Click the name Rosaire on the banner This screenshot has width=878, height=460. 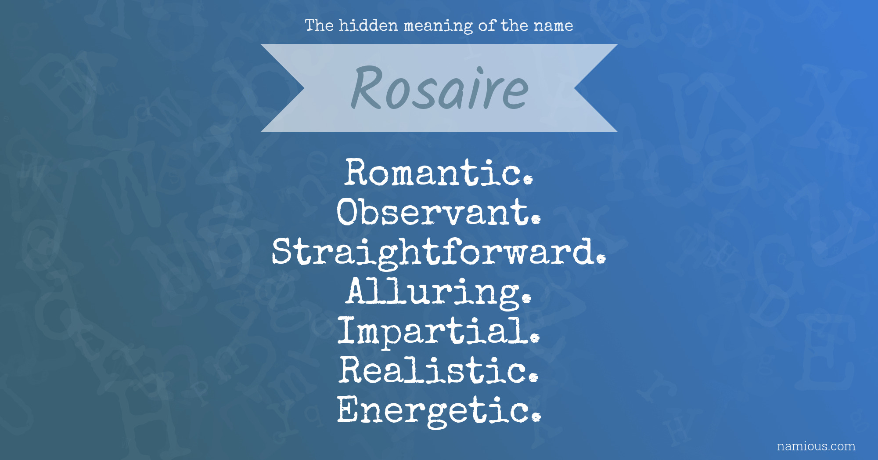coord(439,88)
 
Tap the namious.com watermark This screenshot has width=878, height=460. coord(816,446)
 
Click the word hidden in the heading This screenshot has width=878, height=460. coord(368,25)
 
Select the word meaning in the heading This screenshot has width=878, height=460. coord(438,26)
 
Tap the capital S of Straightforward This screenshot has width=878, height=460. coord(283,251)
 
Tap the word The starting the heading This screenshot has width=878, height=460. coord(319,25)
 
